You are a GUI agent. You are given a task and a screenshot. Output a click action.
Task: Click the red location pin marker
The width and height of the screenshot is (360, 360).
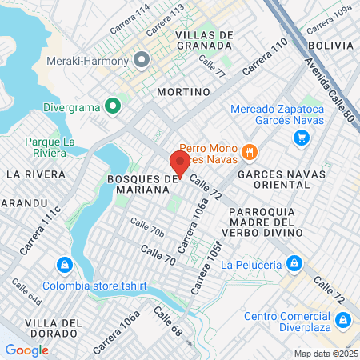coord(181,163)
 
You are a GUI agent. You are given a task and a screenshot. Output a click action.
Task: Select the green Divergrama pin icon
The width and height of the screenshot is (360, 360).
coord(113,105)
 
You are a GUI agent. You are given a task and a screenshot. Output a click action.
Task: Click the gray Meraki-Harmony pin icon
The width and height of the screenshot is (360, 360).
coord(142,59)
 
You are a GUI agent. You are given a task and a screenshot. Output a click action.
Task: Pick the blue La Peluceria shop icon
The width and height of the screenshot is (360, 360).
coord(294,263)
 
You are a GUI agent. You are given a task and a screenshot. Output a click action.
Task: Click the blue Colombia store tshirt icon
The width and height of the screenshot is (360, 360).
coord(63,265)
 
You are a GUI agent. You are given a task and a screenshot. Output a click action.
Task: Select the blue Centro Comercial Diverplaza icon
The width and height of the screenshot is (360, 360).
coord(342,321)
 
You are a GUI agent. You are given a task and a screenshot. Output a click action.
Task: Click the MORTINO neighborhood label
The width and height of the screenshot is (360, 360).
coord(183,92)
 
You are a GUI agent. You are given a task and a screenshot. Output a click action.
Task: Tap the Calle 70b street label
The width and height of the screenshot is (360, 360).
coord(147,228)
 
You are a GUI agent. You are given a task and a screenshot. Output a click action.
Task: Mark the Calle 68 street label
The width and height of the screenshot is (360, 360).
coord(171,325)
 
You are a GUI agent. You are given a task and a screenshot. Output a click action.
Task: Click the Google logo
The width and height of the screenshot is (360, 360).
coord(26,350)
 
